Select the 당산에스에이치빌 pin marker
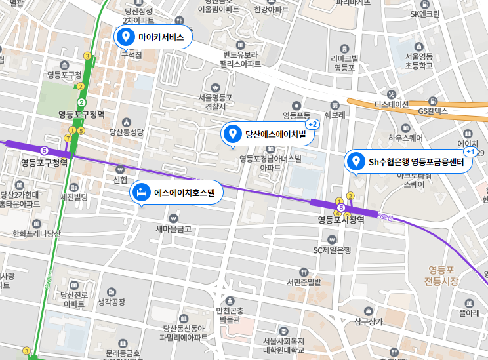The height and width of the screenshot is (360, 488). (x=231, y=134)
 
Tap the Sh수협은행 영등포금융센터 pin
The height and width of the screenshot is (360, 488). (x=356, y=161)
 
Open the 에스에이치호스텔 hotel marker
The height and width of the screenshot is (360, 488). (x=140, y=193)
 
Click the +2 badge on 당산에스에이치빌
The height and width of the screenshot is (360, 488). (x=313, y=124)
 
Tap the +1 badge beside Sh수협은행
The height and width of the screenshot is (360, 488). (x=470, y=151)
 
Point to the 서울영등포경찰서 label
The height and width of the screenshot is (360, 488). (x=215, y=102)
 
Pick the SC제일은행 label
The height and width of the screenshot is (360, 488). (x=332, y=250)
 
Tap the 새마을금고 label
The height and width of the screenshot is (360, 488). (x=173, y=229)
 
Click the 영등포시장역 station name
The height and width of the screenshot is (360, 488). (x=341, y=220)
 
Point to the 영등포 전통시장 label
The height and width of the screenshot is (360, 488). (x=441, y=275)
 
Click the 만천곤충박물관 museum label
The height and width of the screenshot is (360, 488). (x=230, y=315)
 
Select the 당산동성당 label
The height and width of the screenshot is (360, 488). (x=126, y=132)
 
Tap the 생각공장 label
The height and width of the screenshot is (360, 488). (x=111, y=302)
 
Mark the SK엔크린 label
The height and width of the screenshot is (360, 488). (x=425, y=14)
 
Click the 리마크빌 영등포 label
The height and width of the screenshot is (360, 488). (x=344, y=62)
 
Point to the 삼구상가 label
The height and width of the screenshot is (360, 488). (x=368, y=321)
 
